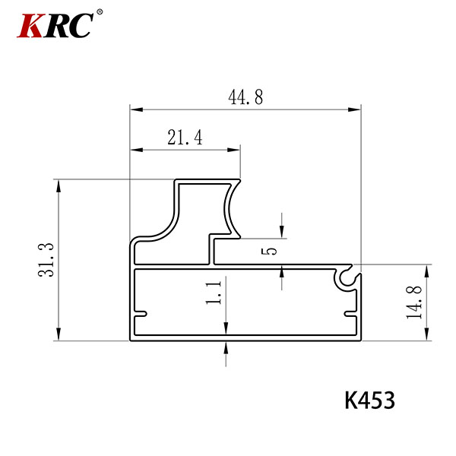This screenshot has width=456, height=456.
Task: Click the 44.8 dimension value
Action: coord(245,97)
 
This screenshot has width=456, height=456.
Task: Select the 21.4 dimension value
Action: coord(185,138)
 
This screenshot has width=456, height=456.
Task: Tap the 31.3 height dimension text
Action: coord(46,260)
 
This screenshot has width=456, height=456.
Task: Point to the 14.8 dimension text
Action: coord(414,302)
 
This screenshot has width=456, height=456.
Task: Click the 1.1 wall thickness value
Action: coord(214,293)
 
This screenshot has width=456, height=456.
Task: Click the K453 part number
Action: coord(369,401)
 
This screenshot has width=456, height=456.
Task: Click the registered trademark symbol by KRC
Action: coord(100,12)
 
